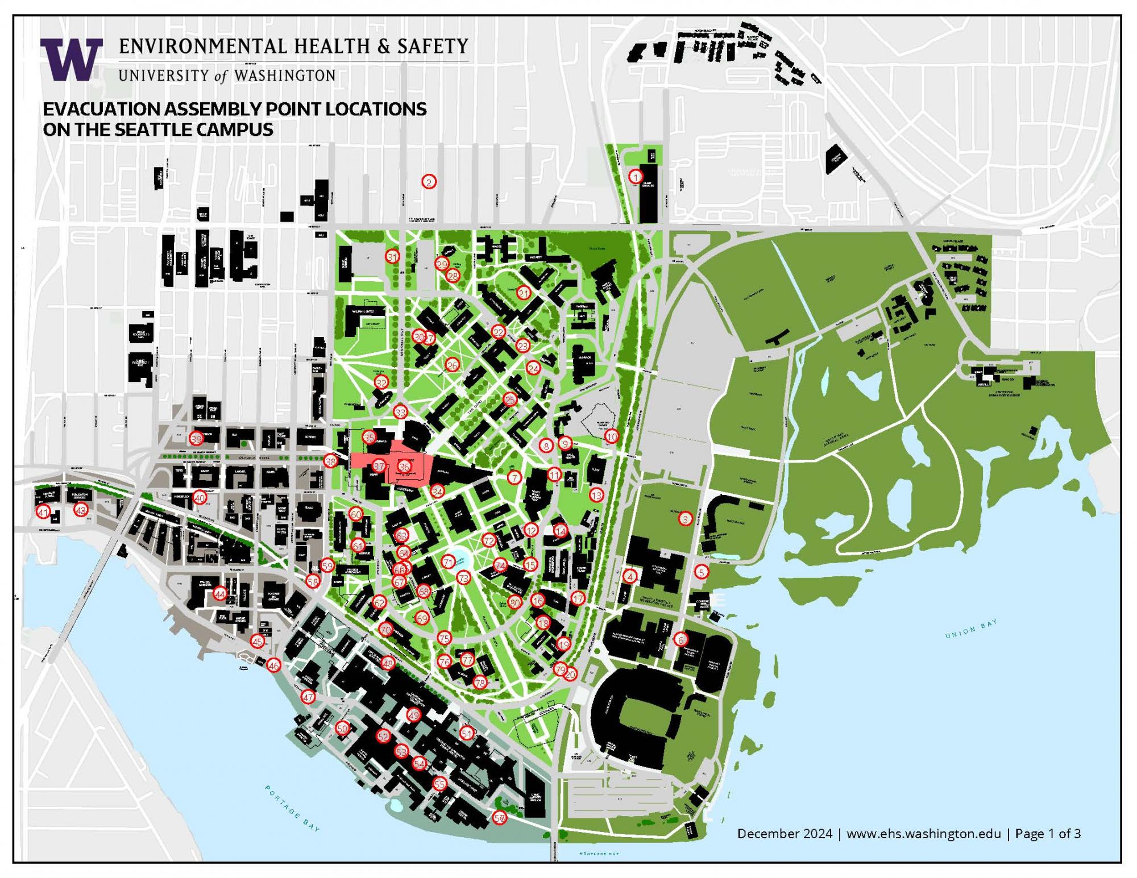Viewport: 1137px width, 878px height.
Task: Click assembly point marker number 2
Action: coord(429,182)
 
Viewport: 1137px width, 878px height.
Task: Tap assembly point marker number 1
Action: coord(635,177)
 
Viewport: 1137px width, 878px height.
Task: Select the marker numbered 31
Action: coord(392,257)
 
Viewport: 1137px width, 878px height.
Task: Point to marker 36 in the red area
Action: coord(404,467)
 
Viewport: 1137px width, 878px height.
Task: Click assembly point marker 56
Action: coord(500,818)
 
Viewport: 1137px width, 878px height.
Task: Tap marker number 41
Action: coord(43,512)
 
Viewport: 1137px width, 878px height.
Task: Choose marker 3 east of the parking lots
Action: coord(686,519)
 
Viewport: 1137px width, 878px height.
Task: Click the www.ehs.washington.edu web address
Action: coord(923,834)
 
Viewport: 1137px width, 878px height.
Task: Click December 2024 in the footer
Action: coord(785,834)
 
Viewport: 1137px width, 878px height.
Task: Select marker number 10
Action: coord(611,436)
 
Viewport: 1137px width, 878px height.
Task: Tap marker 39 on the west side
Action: coord(196,439)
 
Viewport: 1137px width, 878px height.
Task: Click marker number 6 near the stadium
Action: coord(681,639)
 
